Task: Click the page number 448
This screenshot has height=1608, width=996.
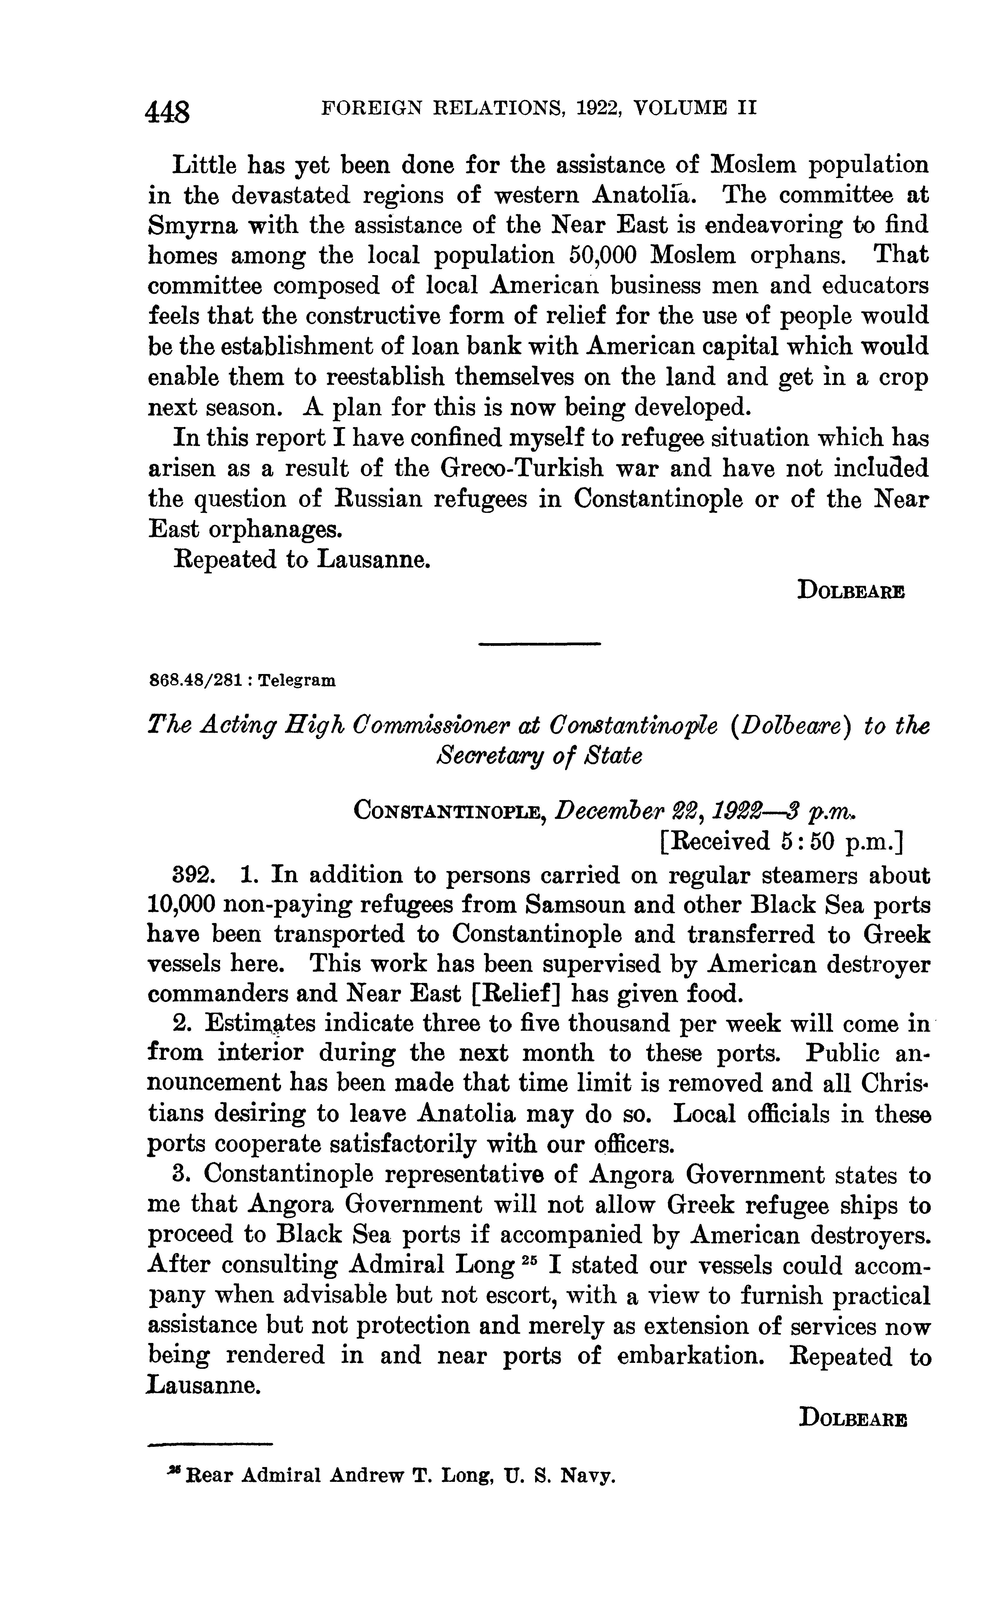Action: point(169,112)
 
